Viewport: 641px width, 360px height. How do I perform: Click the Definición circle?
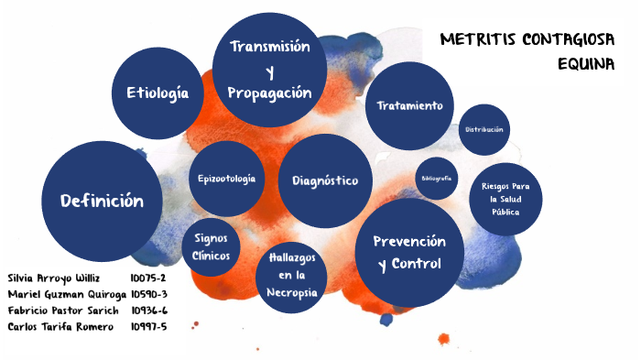click(102, 201)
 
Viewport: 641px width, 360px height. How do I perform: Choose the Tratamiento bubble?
click(409, 106)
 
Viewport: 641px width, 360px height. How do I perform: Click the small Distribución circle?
click(484, 130)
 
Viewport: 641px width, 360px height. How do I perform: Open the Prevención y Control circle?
click(409, 252)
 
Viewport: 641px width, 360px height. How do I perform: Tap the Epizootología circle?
click(226, 179)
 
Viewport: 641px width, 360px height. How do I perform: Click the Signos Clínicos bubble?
click(212, 246)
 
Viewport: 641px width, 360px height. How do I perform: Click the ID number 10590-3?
click(148, 294)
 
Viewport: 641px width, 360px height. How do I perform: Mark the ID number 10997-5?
click(148, 327)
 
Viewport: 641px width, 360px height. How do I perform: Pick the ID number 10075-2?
click(147, 278)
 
